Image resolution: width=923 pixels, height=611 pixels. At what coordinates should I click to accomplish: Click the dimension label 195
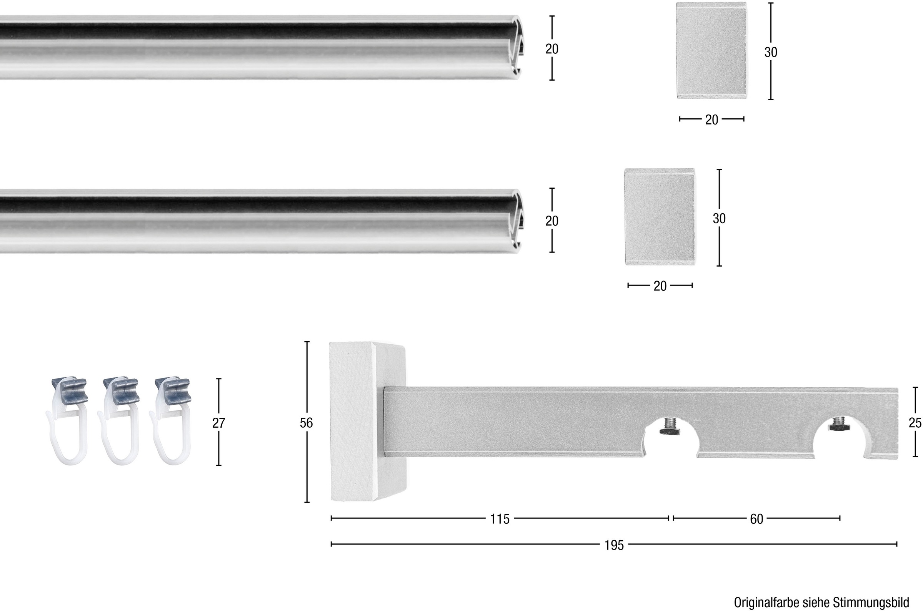click(x=614, y=545)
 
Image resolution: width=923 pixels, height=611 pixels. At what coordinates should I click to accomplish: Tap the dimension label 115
click(x=500, y=519)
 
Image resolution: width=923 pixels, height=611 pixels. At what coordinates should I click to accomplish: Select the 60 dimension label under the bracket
click(x=756, y=519)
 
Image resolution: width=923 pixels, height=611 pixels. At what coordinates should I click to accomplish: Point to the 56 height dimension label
click(x=307, y=423)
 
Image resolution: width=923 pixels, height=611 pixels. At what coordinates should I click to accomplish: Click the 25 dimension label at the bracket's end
click(x=915, y=423)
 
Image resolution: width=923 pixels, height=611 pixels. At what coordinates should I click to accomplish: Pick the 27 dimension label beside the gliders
click(x=219, y=423)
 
